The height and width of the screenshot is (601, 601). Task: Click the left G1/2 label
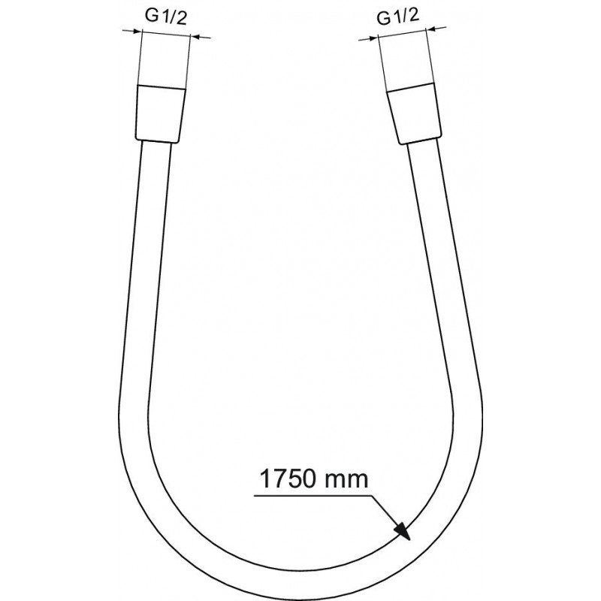point(166,17)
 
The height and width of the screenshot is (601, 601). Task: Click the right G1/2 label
point(398,17)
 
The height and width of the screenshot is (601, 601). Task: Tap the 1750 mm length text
point(314,479)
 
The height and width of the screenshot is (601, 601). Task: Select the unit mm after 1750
point(346,482)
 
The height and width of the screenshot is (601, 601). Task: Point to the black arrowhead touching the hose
point(402,530)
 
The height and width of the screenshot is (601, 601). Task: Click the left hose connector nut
point(161,114)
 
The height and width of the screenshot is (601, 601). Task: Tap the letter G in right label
point(383,18)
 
